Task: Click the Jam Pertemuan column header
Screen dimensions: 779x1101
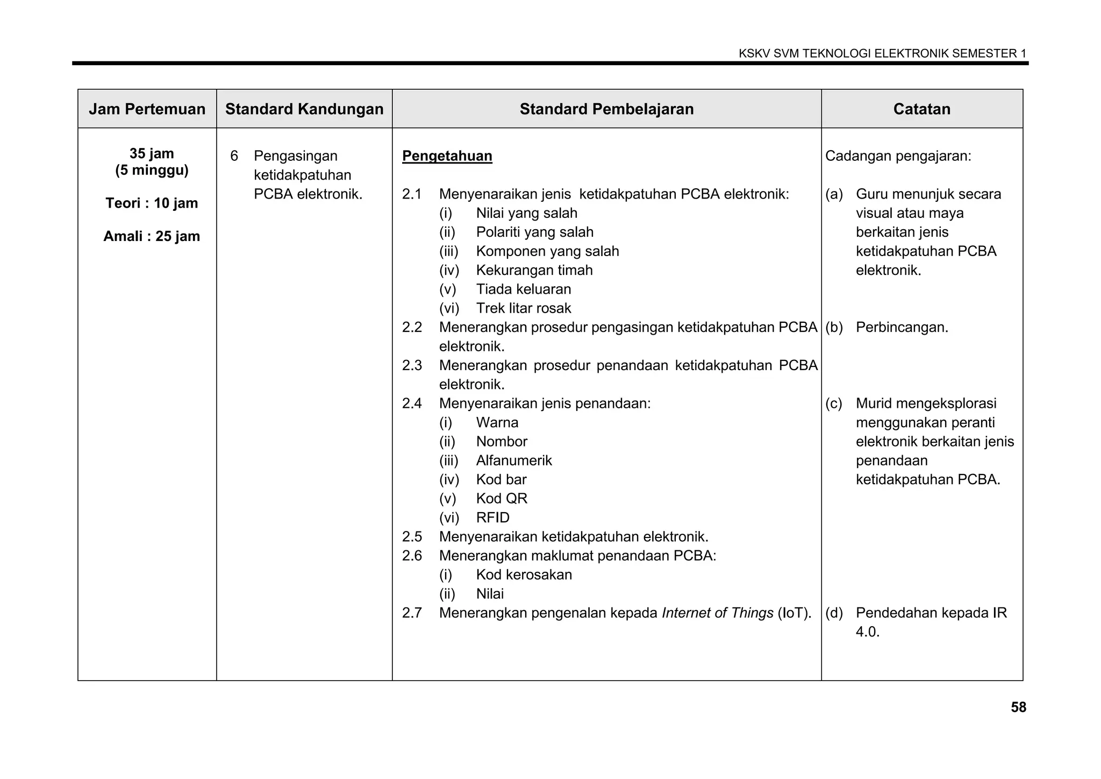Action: [x=147, y=109]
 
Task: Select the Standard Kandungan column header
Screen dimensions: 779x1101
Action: [x=304, y=109]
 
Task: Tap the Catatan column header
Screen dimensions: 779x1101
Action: [x=921, y=109]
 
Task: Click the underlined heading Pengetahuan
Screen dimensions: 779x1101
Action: [x=447, y=156]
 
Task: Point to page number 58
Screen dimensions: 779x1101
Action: [x=1018, y=707]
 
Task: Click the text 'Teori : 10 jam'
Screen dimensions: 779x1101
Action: [x=152, y=203]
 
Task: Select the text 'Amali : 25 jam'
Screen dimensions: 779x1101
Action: [x=152, y=236]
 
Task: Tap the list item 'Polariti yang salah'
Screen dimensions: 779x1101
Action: [x=534, y=232]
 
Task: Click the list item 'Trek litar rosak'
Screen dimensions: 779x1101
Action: [x=523, y=308]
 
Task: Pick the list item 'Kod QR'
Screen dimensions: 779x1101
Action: [x=502, y=499]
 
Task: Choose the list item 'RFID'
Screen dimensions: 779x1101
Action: [x=492, y=518]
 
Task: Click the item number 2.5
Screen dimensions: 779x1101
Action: [x=412, y=537]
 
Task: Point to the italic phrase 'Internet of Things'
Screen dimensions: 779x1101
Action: [x=717, y=613]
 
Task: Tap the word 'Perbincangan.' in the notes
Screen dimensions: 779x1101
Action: [x=902, y=327]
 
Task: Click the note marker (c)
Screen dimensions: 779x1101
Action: [x=834, y=403]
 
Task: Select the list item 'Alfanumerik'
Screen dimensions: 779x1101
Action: [x=513, y=461]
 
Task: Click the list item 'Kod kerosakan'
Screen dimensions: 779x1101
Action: [x=524, y=575]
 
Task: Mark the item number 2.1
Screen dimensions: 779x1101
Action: [x=412, y=194]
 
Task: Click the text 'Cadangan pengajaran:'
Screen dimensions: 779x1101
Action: [x=898, y=157]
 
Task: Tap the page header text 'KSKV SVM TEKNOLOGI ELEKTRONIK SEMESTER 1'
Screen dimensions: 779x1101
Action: [x=882, y=53]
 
